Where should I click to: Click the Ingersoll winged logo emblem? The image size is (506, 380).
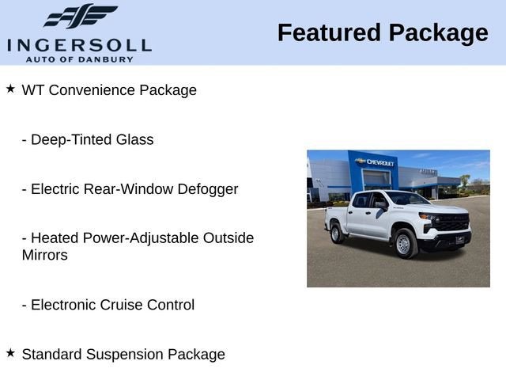[80, 16]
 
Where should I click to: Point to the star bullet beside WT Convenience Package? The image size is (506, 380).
[10, 89]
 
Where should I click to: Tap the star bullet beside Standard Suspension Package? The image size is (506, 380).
[10, 353]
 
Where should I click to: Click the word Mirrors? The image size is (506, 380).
[44, 255]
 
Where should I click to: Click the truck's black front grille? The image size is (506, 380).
[453, 222]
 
